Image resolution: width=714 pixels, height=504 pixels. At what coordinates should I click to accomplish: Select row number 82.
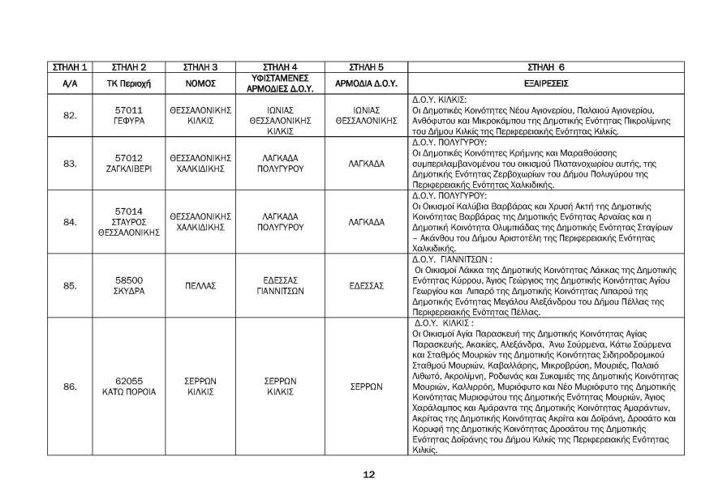click(68, 117)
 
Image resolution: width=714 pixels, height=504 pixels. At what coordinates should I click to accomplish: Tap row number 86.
click(68, 387)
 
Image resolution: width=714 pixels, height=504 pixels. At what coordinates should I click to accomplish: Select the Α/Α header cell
click(68, 83)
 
